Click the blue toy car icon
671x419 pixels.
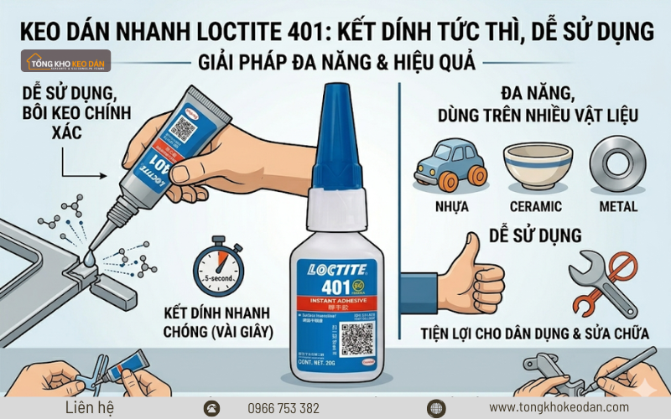click(x=450, y=164)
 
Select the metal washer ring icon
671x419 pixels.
click(x=619, y=163)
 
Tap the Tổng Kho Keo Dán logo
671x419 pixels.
click(x=67, y=61)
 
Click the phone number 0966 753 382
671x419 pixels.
click(x=283, y=408)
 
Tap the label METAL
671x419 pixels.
click(x=619, y=206)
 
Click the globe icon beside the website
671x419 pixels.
click(x=434, y=408)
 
